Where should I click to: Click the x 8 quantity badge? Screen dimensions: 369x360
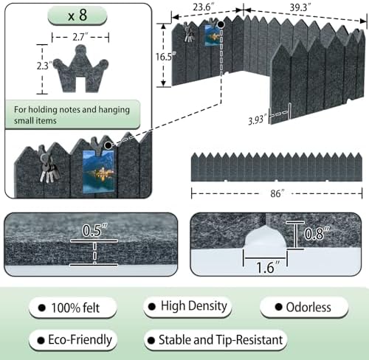pos(77,15)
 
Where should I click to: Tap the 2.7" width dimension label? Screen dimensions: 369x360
pos(80,37)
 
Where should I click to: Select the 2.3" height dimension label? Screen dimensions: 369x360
pos(44,66)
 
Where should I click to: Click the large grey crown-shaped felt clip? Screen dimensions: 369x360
pos(80,69)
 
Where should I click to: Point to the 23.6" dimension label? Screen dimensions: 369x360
pos(202,7)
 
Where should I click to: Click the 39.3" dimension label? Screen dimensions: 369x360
pos(300,8)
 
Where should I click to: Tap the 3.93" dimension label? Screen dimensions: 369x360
pos(258,120)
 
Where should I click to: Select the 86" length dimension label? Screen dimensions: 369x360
pos(277,193)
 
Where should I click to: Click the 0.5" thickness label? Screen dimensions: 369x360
pos(94,230)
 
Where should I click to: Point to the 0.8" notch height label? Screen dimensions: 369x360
pos(317,233)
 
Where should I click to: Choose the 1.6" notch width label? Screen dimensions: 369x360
pos(268,267)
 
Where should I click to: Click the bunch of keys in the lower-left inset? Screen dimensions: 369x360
pos(49,168)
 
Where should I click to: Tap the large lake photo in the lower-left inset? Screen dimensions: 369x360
pos(98,171)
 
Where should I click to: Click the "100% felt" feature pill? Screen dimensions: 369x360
pos(72,308)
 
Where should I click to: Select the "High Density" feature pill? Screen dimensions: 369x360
pos(187,306)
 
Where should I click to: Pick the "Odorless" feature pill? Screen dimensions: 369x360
pos(304,307)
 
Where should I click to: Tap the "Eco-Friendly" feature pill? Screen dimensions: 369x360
pos(73,340)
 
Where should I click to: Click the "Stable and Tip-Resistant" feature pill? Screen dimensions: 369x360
pos(215,340)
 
